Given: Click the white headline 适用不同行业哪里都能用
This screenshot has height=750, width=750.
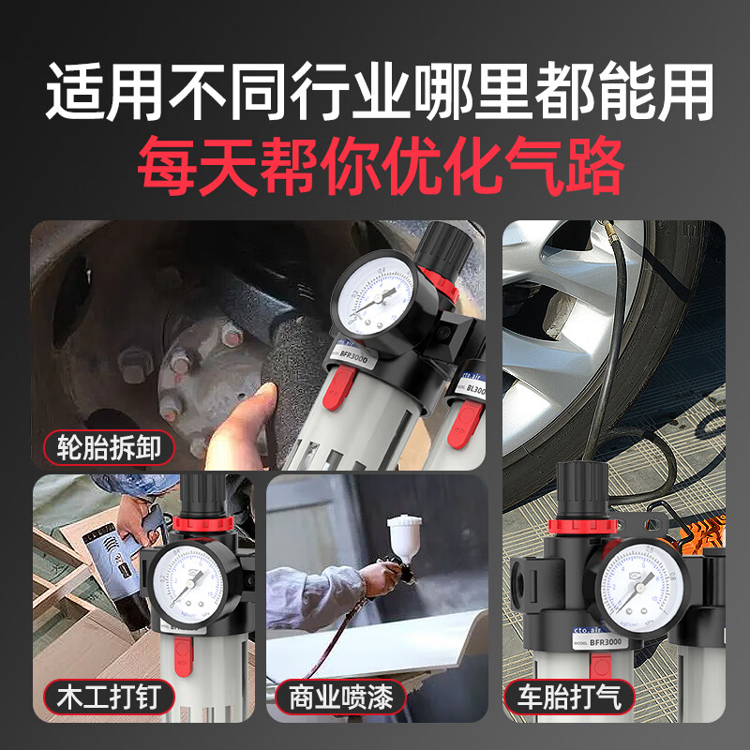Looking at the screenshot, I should click(x=375, y=92).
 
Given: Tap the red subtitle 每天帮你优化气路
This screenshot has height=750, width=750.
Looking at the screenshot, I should click(x=375, y=164).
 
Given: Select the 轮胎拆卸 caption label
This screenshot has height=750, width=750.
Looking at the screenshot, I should click(x=111, y=447).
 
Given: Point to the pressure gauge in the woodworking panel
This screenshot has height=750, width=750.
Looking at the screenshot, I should click(x=192, y=583).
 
